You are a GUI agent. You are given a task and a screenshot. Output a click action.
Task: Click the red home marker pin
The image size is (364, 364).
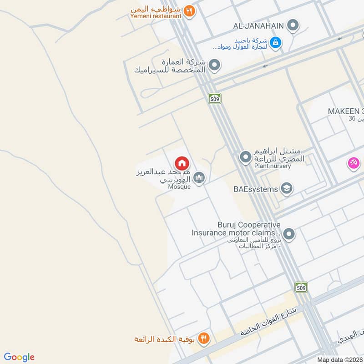click(x=182, y=163)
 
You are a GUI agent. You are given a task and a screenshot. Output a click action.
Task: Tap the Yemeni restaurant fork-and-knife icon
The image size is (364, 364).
click(x=190, y=11)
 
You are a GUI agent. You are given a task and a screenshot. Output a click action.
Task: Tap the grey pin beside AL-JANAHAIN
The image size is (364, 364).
click(x=294, y=25)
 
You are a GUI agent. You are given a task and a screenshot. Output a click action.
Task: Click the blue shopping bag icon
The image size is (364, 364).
click(x=275, y=43)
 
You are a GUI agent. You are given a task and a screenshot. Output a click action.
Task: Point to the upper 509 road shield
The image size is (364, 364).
click(x=215, y=98)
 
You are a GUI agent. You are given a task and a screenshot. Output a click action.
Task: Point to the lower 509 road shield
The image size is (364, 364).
click(x=301, y=287)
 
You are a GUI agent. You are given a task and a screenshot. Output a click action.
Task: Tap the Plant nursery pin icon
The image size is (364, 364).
click(x=246, y=157)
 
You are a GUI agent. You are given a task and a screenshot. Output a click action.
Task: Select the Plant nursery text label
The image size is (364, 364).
click(x=272, y=166)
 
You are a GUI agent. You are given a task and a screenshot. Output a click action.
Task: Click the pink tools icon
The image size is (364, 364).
click(x=354, y=162)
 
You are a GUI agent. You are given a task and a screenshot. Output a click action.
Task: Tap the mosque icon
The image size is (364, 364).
click(x=199, y=178)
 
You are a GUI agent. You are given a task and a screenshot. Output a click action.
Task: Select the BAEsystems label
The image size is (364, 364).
click(x=256, y=189)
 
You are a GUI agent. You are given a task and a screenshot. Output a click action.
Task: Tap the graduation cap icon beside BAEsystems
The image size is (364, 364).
click(x=286, y=188)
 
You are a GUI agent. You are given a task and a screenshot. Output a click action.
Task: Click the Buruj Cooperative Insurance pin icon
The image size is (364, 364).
click(x=289, y=235)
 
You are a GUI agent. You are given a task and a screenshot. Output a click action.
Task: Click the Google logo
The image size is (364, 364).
click(x=19, y=357)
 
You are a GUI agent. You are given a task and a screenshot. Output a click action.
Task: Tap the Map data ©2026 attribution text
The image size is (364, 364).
click(x=339, y=359)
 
